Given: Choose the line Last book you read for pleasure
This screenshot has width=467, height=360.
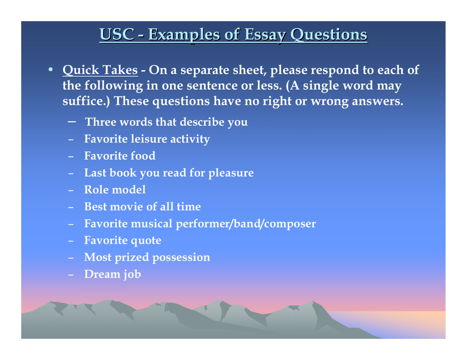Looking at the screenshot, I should pyautogui.click(x=169, y=173).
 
